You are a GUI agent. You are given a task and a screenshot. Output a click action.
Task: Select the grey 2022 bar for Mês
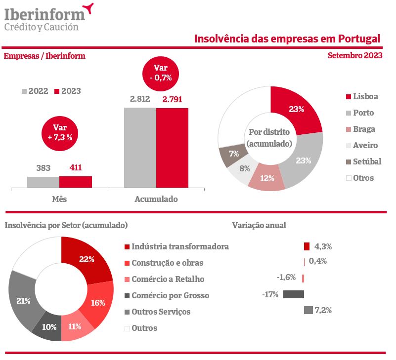(43, 182)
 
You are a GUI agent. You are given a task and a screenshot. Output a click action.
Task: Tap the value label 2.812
(140, 99)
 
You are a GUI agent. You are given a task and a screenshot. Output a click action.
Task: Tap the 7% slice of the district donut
(230, 157)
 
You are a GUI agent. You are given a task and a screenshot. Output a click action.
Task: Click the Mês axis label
(59, 200)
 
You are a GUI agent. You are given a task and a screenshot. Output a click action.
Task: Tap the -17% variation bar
(293, 294)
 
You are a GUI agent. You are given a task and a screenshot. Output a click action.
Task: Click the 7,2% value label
(323, 311)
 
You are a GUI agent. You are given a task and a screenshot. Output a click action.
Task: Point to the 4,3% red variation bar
(307, 246)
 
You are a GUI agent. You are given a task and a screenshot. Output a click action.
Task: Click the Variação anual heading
(259, 225)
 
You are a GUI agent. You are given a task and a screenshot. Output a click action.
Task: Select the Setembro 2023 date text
(354, 56)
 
